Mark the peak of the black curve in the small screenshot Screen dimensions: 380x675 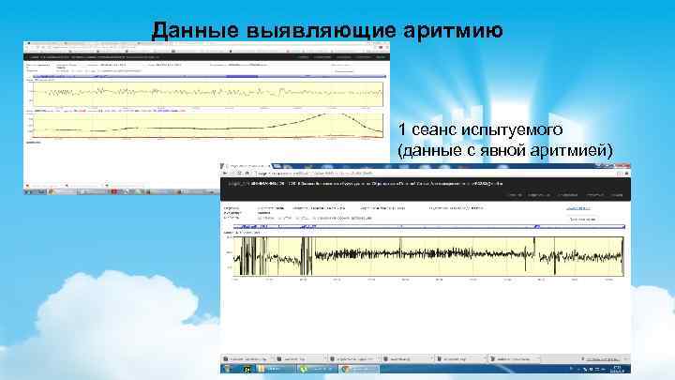(338, 115)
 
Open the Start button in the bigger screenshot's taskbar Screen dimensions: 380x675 (226, 371)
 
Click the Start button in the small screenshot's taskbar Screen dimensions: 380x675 (30, 190)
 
